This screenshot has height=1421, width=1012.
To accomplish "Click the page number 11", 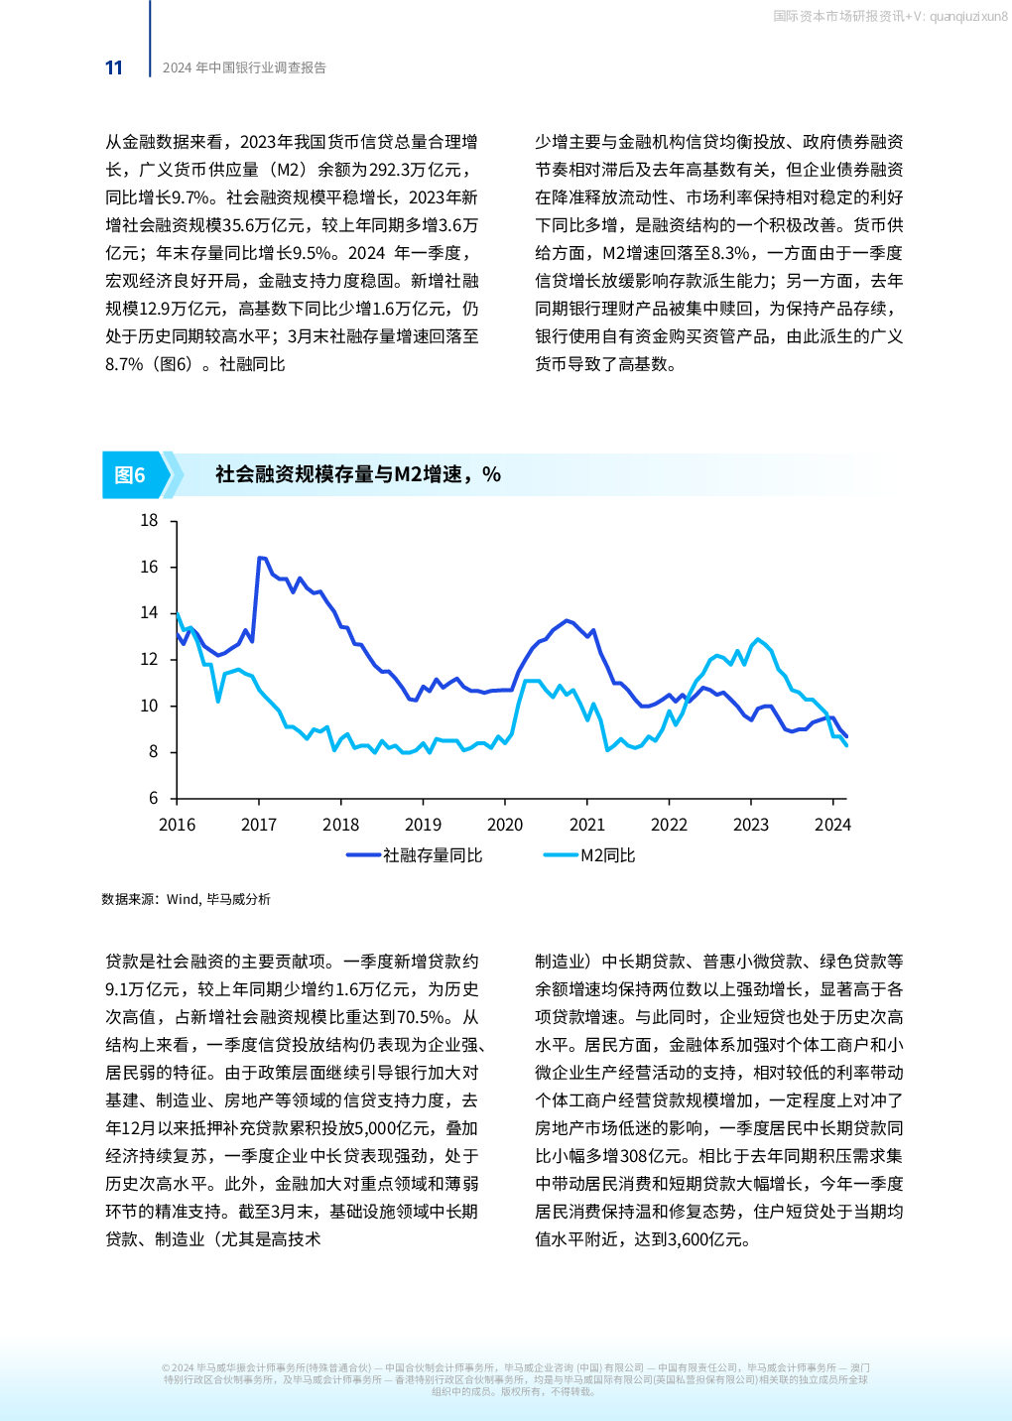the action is [x=113, y=67].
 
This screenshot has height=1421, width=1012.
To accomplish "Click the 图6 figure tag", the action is [x=130, y=475].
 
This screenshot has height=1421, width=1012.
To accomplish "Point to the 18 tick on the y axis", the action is [x=149, y=520].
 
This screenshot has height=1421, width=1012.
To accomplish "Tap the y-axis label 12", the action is [x=149, y=659].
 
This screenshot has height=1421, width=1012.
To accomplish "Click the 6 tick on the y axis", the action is [x=154, y=798].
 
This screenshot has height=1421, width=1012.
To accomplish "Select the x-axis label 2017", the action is [x=259, y=825].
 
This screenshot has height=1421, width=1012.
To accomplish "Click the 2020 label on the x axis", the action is [x=505, y=825].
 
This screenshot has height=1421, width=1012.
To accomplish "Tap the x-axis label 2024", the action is [x=832, y=825].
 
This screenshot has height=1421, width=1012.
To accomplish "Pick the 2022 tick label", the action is [x=669, y=825].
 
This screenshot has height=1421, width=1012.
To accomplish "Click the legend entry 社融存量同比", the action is [x=433, y=855].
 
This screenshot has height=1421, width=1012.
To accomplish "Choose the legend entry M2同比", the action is [x=607, y=855].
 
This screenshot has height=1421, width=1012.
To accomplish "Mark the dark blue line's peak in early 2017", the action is [x=259, y=558].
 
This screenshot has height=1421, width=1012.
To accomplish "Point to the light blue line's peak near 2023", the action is [x=757, y=639].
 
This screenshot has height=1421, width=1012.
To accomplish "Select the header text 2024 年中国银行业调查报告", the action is [x=244, y=67].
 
